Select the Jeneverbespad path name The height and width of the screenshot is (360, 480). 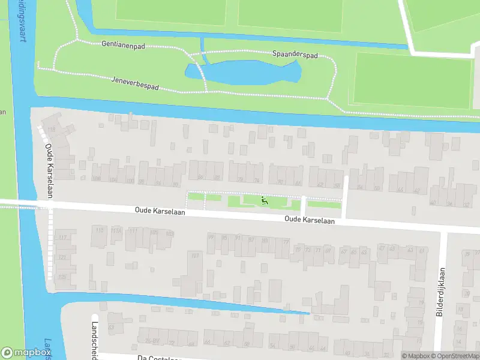[136, 83]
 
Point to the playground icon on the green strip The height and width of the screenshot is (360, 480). [264, 200]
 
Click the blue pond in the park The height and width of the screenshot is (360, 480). [252, 72]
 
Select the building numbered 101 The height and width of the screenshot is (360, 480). [193, 256]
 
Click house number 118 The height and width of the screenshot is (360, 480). [51, 130]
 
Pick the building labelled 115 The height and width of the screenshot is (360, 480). [100, 230]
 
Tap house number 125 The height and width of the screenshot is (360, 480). [62, 277]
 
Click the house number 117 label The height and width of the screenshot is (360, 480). [62, 238]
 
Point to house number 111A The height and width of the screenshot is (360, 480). [116, 230]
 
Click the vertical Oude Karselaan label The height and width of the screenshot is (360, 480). [50, 166]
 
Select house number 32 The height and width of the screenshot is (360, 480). [466, 204]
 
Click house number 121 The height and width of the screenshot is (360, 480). [62, 257]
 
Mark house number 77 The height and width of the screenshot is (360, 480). [286, 242]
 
